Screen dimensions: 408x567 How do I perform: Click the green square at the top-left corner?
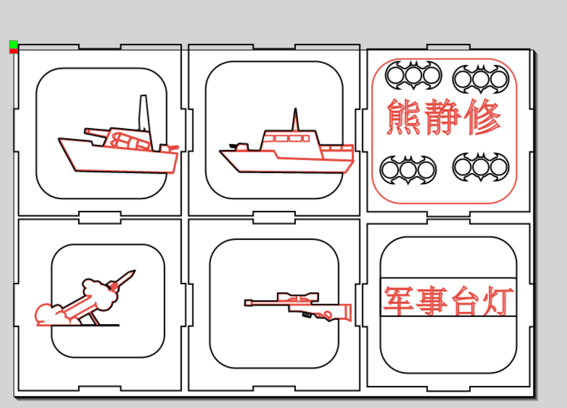tap(14, 45)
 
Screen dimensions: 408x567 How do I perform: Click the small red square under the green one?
tap(14, 51)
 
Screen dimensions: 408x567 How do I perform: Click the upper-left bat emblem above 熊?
tap(413, 76)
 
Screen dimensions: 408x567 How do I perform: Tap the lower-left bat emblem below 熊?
tap(408, 169)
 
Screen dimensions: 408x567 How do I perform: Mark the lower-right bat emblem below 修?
tap(480, 167)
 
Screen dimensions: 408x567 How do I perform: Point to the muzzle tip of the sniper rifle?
tap(247, 303)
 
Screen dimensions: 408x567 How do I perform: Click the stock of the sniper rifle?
tap(341, 312)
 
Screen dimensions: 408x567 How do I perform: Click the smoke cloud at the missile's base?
tap(48, 315)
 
